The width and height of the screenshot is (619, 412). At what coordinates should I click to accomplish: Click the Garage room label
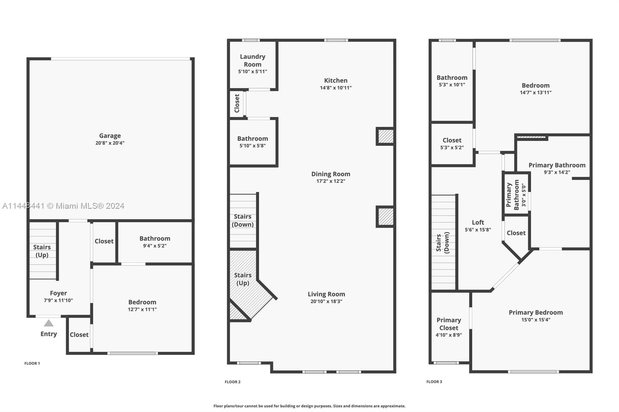110,136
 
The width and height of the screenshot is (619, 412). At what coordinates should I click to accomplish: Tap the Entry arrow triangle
48,323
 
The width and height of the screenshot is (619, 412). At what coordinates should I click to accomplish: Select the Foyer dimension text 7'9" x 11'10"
58,300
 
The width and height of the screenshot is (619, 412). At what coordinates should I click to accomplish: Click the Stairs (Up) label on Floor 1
42,251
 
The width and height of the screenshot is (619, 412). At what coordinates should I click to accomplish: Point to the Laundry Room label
253,60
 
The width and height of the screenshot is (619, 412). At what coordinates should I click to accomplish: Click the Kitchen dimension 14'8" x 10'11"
335,88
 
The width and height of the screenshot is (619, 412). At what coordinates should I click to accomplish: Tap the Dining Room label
331,174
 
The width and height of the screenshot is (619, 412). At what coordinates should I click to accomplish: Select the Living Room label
326,294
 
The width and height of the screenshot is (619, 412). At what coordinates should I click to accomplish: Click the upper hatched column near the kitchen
385,136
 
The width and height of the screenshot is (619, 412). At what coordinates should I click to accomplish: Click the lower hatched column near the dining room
385,216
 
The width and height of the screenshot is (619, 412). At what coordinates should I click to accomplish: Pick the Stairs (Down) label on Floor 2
243,220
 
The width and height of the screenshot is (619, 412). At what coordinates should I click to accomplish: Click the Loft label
478,222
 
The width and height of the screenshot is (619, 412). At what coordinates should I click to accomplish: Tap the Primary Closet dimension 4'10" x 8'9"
448,335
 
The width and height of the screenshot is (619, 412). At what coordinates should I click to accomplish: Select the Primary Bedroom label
535,312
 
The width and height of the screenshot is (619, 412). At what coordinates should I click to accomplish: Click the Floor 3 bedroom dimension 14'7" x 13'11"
535,92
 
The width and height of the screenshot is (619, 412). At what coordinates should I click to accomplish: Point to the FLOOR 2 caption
233,382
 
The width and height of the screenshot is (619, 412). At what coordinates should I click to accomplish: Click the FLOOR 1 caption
32,363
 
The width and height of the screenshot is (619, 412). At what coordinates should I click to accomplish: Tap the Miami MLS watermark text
63,206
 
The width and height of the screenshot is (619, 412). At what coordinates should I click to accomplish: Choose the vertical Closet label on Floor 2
237,103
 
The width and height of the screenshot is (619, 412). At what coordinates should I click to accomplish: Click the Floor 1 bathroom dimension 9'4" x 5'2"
155,246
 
